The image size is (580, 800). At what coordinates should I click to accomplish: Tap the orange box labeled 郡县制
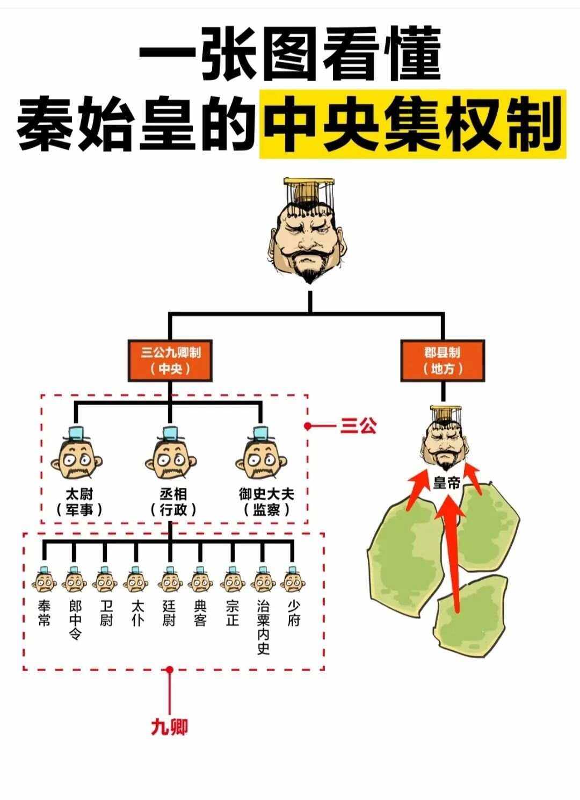tap(443, 361)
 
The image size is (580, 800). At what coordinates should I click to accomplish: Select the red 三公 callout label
tap(358, 426)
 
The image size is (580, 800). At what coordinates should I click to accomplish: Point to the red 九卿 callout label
tap(169, 727)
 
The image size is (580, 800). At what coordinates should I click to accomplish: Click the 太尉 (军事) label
tap(79, 501)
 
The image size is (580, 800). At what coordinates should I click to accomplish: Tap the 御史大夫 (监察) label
tap(266, 501)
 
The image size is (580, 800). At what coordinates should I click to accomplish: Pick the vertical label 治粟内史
tap(263, 628)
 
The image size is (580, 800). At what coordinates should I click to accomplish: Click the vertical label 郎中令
tap(75, 620)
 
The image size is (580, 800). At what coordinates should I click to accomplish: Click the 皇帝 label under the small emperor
tap(446, 483)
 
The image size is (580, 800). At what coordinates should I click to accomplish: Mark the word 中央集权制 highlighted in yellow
tap(411, 124)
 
